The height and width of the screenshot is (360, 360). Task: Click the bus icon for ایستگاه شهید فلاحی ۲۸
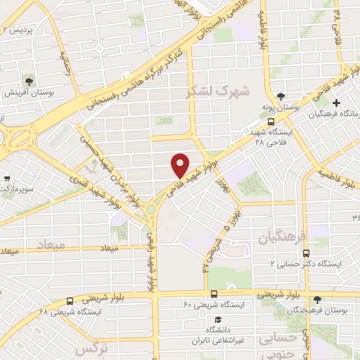pyautogui.click(x=272, y=121)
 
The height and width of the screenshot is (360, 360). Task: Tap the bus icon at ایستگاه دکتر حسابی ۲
pyautogui.click(x=306, y=252)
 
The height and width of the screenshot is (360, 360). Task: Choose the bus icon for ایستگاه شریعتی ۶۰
pyautogui.click(x=213, y=294)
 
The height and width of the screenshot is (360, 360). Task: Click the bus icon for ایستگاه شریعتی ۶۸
pyautogui.click(x=69, y=300)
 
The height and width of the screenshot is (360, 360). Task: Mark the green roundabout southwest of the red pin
pyautogui.click(x=150, y=209)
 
